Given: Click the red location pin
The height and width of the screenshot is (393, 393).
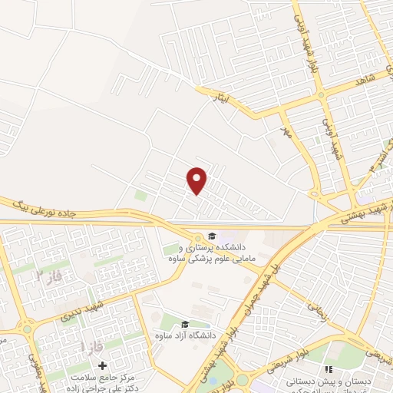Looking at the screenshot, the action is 197,180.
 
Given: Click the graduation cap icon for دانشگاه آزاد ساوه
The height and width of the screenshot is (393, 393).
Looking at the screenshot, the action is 185,324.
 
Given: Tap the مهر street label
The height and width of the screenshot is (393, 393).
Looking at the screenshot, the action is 285,135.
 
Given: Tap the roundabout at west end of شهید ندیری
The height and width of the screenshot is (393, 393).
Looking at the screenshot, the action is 27,329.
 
